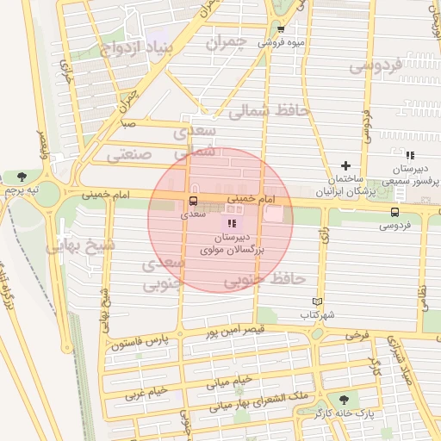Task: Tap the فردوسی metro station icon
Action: pyautogui.click(x=394, y=213)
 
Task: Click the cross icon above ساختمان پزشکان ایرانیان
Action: pyautogui.click(x=346, y=165)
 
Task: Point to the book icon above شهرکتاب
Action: pyautogui.click(x=318, y=301)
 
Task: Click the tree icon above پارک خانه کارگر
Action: pyautogui.click(x=345, y=400)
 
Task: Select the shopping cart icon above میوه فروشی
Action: pyautogui.click(x=280, y=28)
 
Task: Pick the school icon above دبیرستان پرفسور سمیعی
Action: pyautogui.click(x=411, y=155)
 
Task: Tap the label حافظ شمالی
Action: pyautogui.click(x=264, y=110)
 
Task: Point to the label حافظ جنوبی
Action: pyautogui.click(x=265, y=280)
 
